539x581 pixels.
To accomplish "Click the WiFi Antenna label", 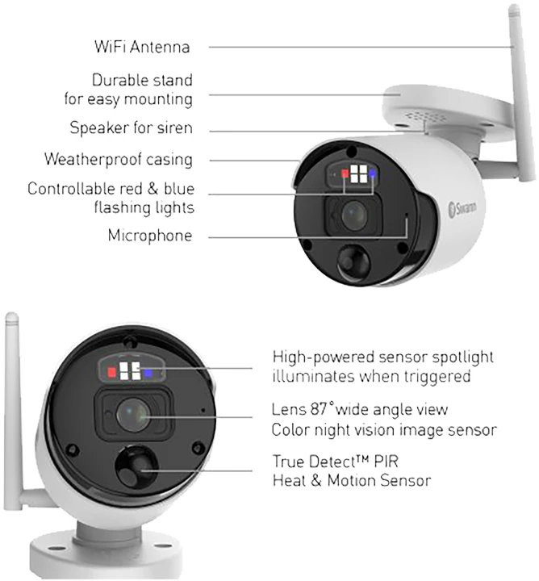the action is click(x=142, y=47).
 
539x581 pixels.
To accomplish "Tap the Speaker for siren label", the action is click(x=132, y=127).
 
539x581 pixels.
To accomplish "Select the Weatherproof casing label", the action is click(x=119, y=159).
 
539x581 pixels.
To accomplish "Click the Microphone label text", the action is click(x=150, y=236).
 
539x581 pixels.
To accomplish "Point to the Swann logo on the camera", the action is click(x=462, y=209).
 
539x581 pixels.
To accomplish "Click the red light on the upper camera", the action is click(x=345, y=173).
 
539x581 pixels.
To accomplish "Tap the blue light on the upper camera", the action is click(x=372, y=173).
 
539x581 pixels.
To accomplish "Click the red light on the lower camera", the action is click(x=112, y=372).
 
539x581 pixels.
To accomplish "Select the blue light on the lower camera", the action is click(x=148, y=374).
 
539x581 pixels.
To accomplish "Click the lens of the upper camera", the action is click(x=354, y=214).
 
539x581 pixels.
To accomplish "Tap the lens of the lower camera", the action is click(x=133, y=414).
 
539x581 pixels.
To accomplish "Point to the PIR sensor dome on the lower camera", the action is click(x=136, y=466).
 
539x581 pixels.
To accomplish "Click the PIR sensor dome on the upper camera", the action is click(x=353, y=261).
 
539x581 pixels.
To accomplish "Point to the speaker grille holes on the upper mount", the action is click(x=426, y=117).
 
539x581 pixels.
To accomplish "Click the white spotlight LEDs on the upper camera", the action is click(x=358, y=173).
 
